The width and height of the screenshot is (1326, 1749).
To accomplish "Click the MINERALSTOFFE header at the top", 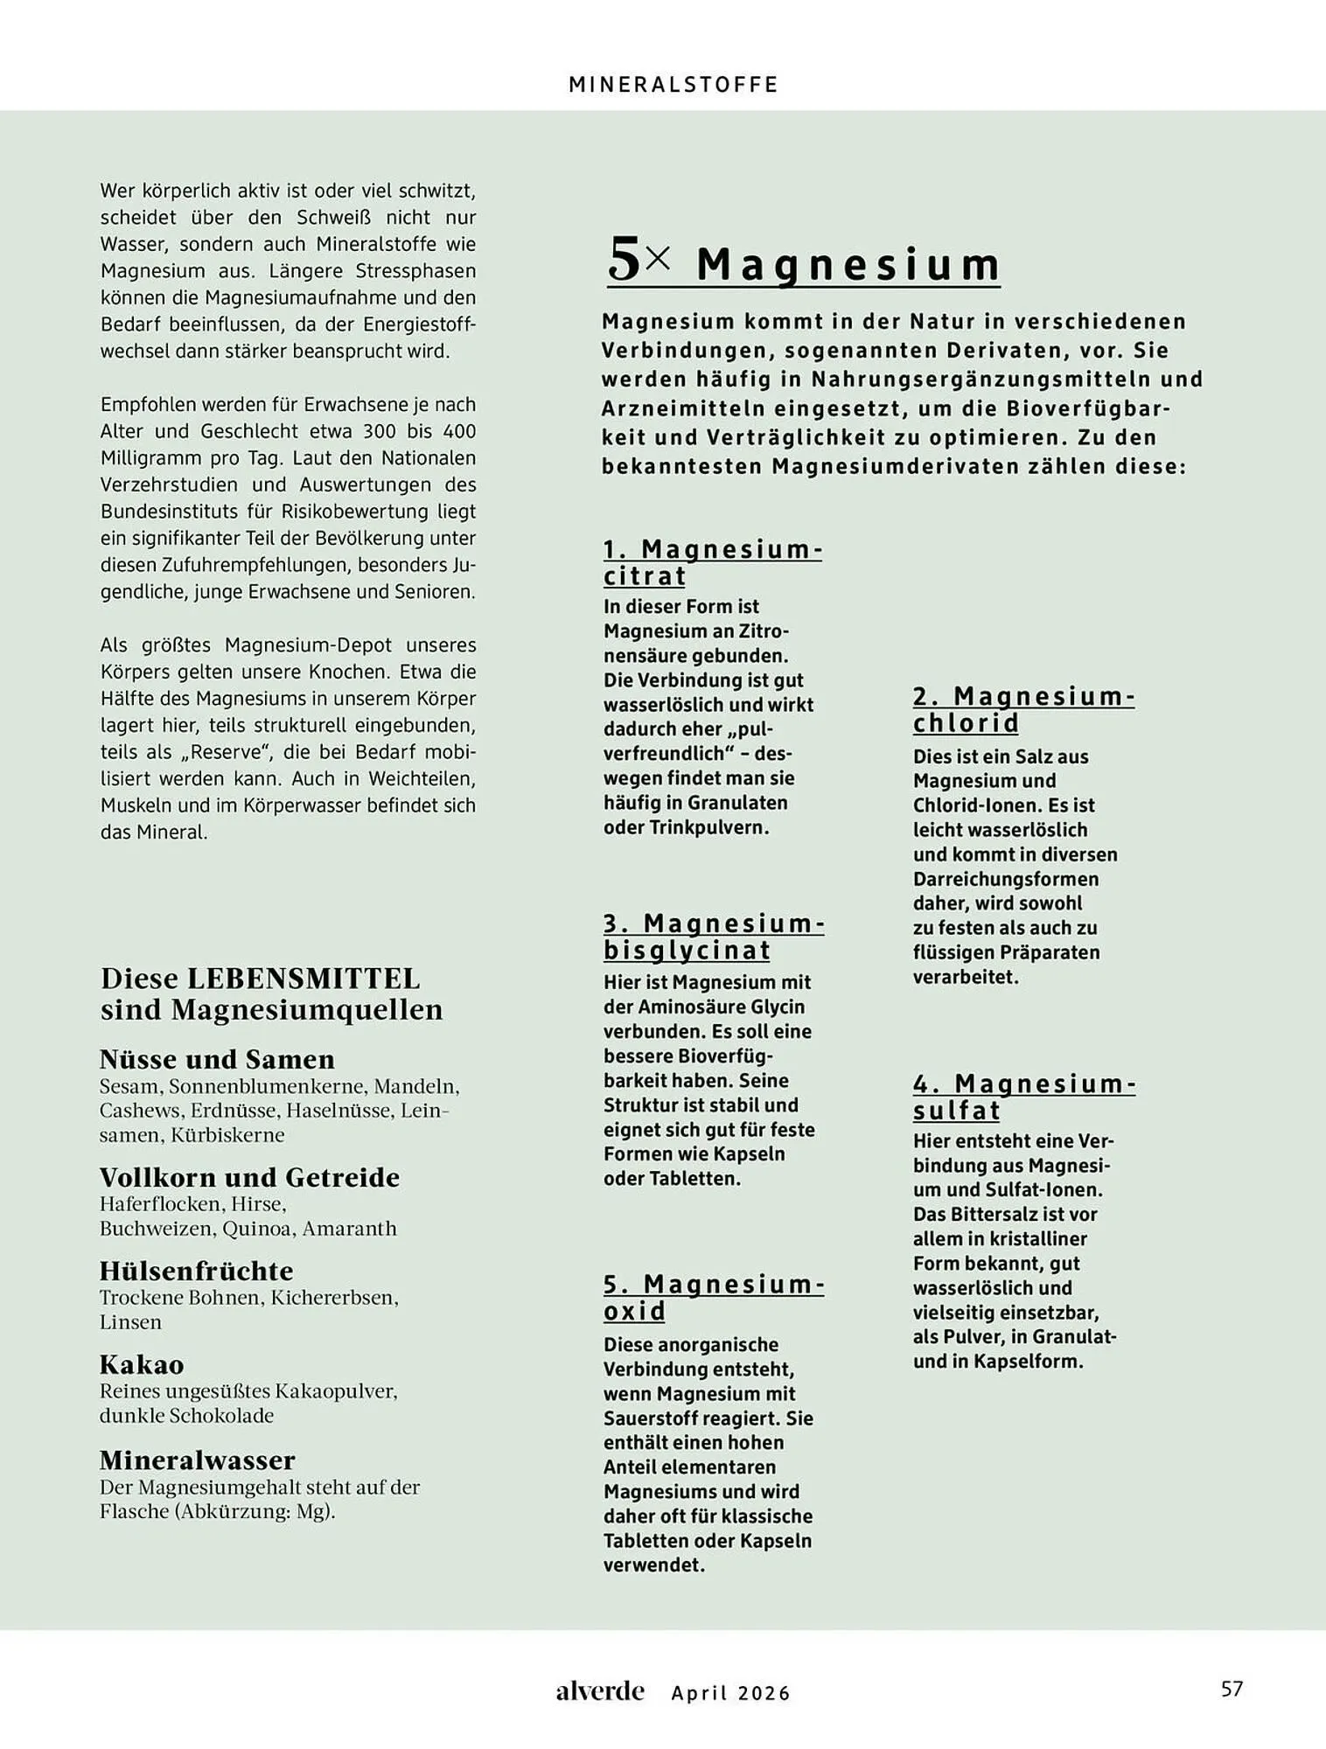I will coord(673,85).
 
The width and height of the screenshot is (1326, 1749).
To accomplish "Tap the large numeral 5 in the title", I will coord(625,261).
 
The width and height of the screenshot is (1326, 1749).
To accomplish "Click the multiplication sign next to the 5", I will coord(660,258).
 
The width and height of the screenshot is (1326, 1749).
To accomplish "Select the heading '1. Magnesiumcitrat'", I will coord(712,562).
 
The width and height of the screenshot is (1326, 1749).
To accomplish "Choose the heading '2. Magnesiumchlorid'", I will coord(1023,709).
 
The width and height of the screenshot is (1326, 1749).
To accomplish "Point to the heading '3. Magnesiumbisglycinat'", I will coord(713,937).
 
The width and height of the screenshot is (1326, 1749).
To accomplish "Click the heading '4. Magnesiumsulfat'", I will coord(1023,1097).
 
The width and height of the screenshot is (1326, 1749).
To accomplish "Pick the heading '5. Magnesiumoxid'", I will coord(713,1297).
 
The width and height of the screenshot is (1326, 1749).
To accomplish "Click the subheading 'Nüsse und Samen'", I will coord(217,1059).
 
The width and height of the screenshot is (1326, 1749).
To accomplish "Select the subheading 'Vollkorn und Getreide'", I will coord(249,1177).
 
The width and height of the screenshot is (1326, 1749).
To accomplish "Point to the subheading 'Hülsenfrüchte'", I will coord(196,1271).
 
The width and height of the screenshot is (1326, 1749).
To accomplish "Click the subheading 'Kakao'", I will coord(142,1364).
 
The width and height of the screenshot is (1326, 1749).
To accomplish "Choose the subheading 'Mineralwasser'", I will coord(197,1460).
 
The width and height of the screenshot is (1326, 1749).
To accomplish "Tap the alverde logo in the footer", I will coord(600,1691).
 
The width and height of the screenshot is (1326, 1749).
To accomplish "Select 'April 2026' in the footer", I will coord(730,1693).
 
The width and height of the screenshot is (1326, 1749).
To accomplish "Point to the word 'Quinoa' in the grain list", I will coord(256,1229).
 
